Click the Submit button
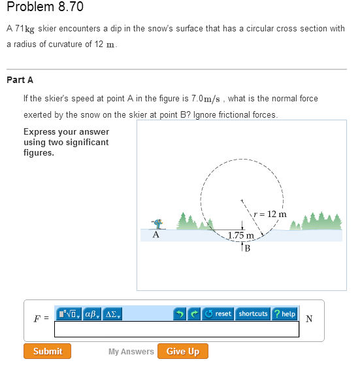[x=48, y=351]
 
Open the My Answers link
[x=131, y=351]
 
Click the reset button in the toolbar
[x=218, y=314]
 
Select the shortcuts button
[x=253, y=314]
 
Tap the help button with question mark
[x=285, y=314]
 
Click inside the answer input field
[x=176, y=330]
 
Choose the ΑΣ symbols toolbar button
[x=111, y=314]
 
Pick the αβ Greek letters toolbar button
[x=91, y=314]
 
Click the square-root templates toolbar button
[x=69, y=314]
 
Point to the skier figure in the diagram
[x=156, y=224]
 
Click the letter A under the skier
[x=155, y=234]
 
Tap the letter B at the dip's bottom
[x=248, y=247]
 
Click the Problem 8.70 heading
[x=44, y=7]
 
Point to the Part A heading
[x=20, y=80]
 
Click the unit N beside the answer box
[x=309, y=319]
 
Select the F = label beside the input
[x=41, y=319]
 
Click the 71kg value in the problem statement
[x=25, y=29]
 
